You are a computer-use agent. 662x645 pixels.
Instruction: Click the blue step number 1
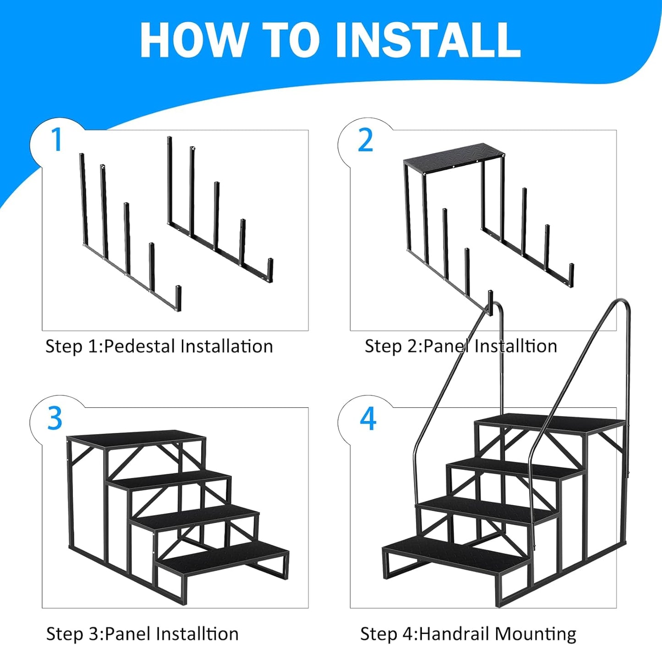pos(56,140)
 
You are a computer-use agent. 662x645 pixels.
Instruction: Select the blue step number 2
pos(365,141)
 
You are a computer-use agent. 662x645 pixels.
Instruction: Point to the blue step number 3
pos(55,418)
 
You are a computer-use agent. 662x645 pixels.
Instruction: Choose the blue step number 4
pos(368,418)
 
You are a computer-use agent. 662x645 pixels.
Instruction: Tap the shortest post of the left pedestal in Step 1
pos(179,298)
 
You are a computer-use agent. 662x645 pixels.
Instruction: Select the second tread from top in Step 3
pos(170,480)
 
